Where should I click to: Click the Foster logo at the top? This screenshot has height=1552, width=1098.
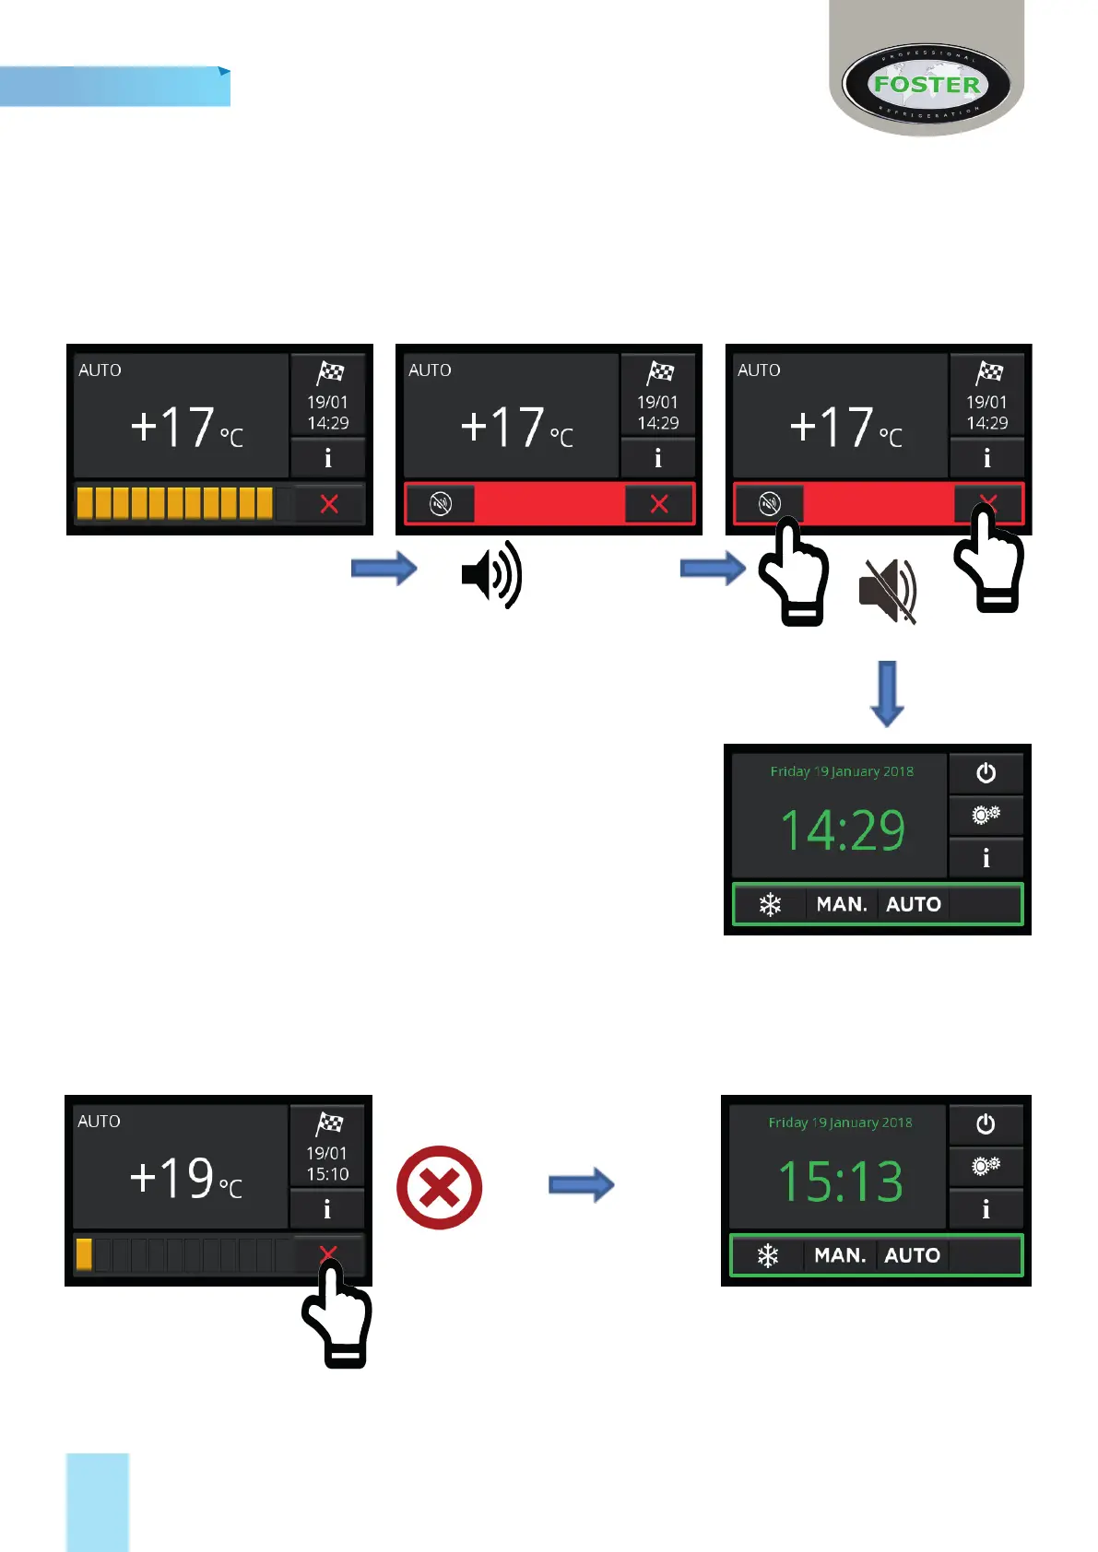(926, 85)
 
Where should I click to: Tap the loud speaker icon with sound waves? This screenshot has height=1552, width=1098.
(491, 574)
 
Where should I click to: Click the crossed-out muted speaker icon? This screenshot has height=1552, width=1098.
(887, 590)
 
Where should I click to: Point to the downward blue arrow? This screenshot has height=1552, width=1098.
(887, 693)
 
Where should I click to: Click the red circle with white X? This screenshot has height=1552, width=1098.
(439, 1187)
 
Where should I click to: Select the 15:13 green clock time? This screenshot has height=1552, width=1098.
(840, 1182)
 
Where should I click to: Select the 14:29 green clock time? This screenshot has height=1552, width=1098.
(843, 829)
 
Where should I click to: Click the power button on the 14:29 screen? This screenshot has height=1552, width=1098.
(986, 773)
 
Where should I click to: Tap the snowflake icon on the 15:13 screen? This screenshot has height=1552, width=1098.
(768, 1255)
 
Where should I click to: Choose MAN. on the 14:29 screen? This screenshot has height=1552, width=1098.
(842, 904)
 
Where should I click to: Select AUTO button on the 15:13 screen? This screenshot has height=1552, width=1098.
(912, 1255)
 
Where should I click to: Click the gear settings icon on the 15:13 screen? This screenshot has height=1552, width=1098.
(986, 1167)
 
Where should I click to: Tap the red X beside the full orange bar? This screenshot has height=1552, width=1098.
(329, 504)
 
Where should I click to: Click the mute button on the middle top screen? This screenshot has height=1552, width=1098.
(441, 504)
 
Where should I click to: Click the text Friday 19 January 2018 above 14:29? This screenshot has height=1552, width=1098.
(842, 771)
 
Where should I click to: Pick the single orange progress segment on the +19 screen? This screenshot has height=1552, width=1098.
(84, 1254)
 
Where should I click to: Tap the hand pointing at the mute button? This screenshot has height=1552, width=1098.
(793, 571)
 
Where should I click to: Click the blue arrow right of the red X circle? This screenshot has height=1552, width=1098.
(581, 1184)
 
